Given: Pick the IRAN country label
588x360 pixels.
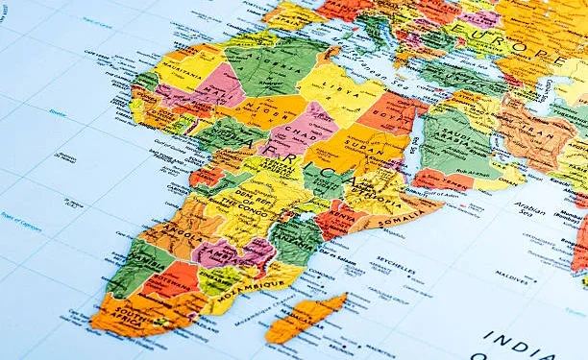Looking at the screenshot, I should [x=532, y=130].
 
